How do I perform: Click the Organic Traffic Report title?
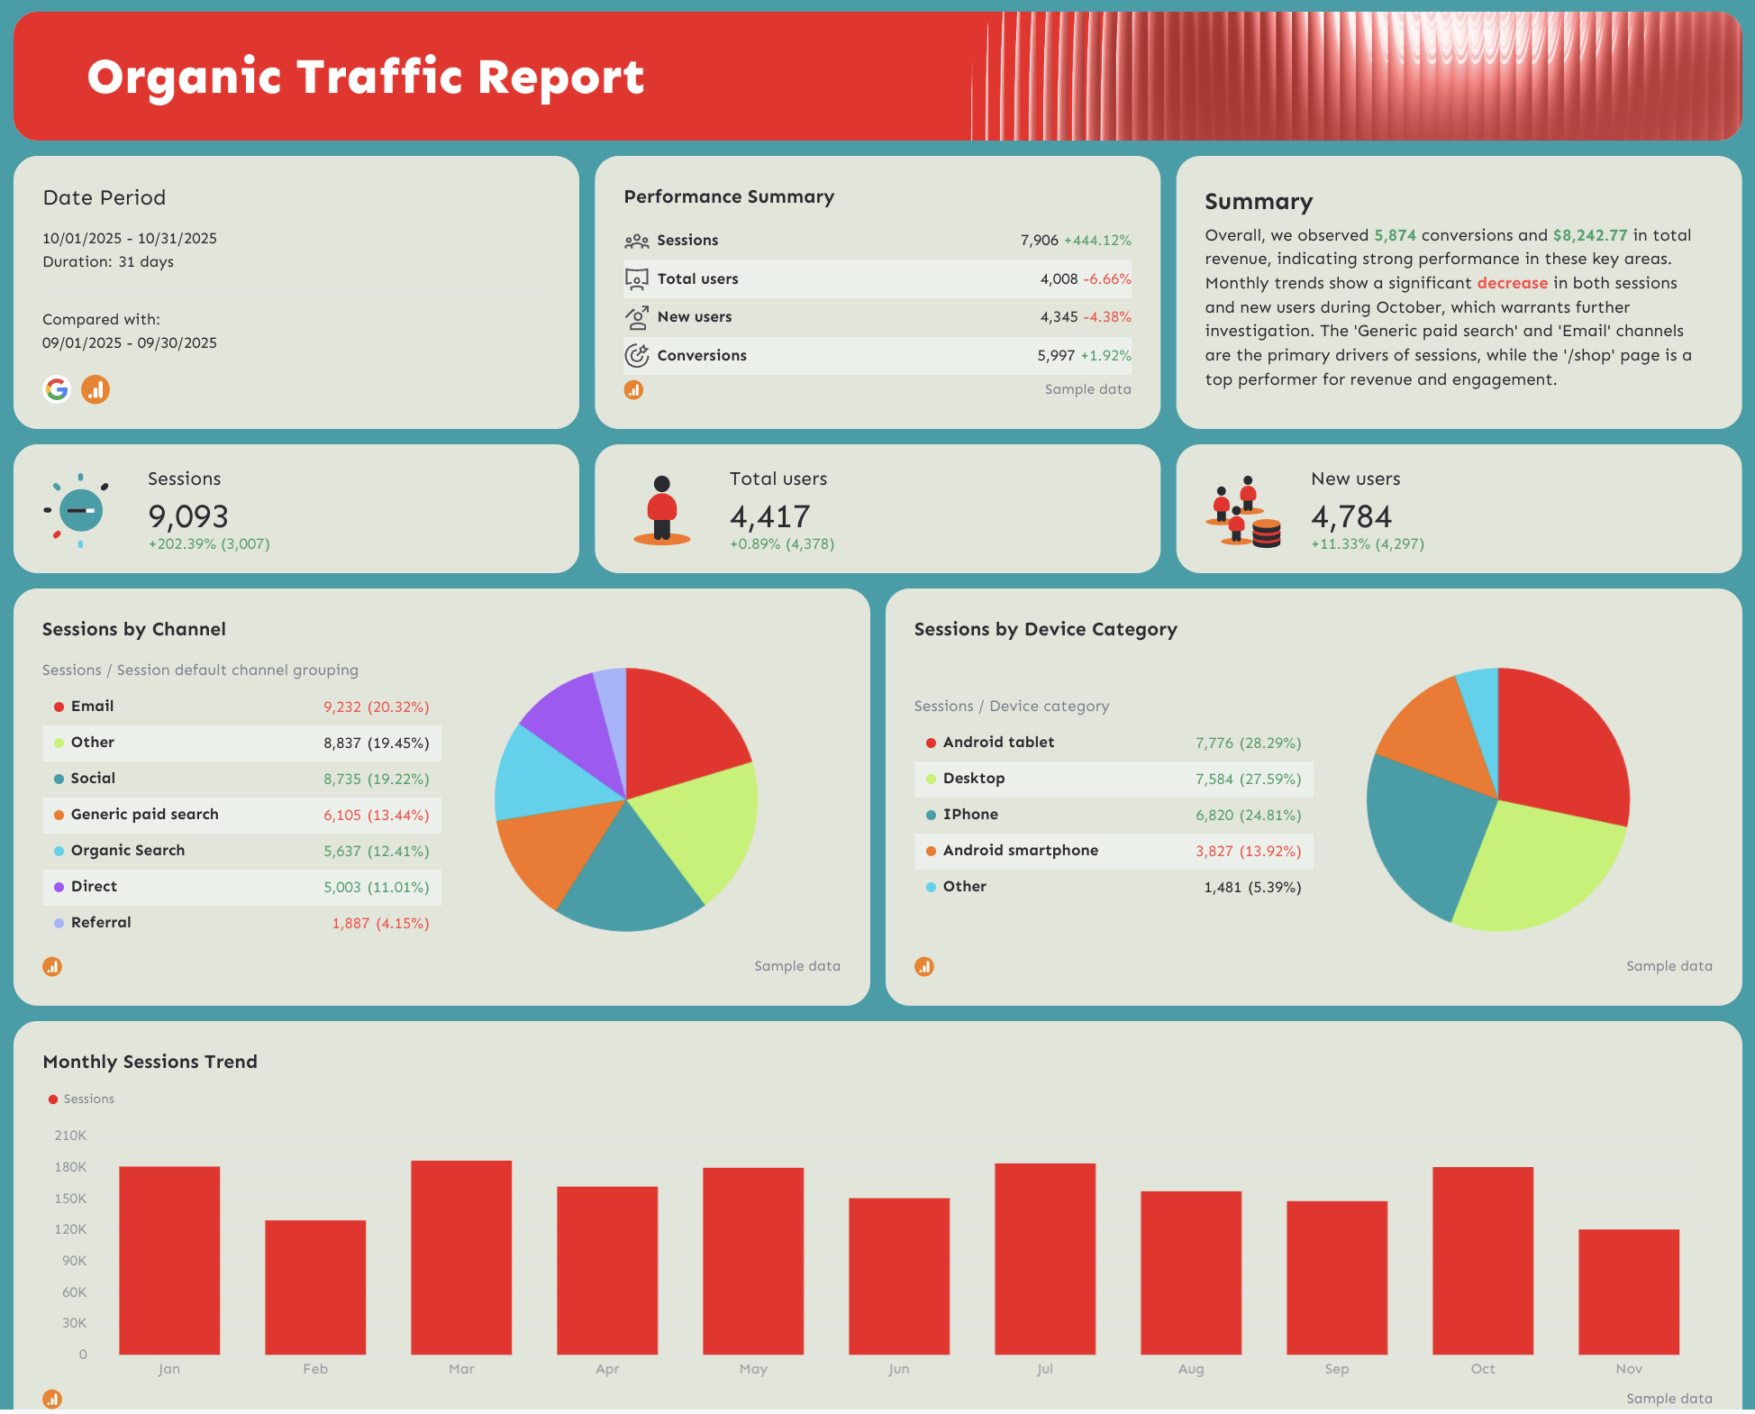(x=365, y=78)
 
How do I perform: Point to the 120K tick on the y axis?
(x=70, y=1229)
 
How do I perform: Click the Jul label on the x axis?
(x=1044, y=1368)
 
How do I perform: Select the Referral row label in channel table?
(x=101, y=922)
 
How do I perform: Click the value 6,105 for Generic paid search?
(x=342, y=815)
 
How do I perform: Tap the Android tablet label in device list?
(x=998, y=742)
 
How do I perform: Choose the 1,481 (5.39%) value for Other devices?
(x=1252, y=887)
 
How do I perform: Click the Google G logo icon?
(x=57, y=389)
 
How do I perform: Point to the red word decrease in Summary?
(x=1512, y=283)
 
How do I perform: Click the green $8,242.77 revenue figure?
(x=1589, y=235)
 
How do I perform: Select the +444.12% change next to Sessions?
(x=1097, y=241)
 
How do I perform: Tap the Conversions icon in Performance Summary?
(x=637, y=355)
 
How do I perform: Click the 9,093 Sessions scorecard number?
(x=188, y=516)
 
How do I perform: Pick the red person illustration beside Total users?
(x=662, y=510)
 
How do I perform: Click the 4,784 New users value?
(x=1351, y=516)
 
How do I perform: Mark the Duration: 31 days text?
(x=108, y=261)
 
